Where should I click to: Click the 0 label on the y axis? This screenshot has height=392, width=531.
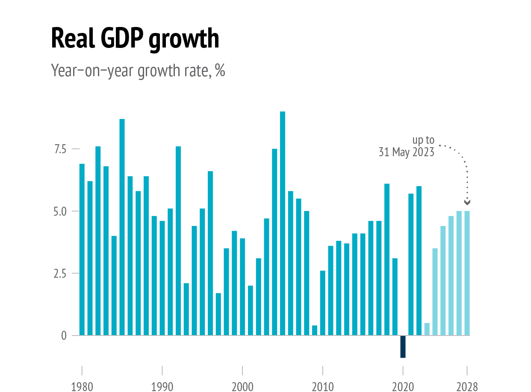[64, 336]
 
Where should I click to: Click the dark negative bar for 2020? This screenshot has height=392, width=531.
[403, 347]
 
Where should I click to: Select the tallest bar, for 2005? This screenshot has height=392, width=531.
[283, 223]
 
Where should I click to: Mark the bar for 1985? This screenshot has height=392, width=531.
[122, 227]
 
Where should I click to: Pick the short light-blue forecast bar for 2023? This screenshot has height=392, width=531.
[427, 329]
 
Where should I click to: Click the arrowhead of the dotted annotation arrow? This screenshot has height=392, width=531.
[467, 202]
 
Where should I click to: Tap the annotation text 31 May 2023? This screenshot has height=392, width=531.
[406, 152]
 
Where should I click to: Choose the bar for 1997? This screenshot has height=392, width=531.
[218, 314]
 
